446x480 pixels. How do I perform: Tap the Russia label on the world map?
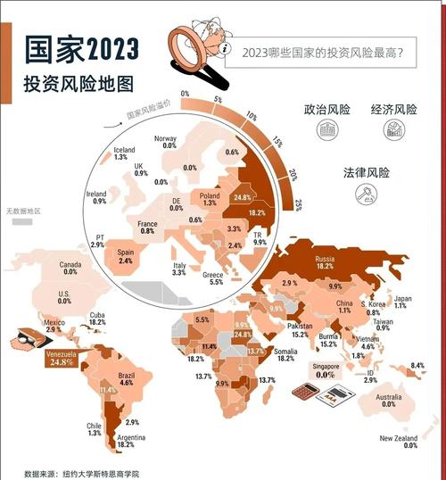325,261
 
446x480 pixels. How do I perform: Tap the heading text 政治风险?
326,111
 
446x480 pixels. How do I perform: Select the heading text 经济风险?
392,111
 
